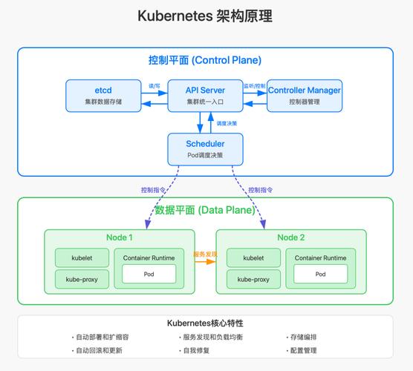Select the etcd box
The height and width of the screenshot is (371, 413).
click(103, 95)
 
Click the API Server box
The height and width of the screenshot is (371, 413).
click(205, 95)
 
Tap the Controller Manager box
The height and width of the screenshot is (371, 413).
click(305, 95)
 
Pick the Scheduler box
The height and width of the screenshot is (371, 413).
click(205, 148)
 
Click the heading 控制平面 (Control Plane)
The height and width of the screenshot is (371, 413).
click(204, 60)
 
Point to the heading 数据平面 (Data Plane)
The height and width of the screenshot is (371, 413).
click(204, 210)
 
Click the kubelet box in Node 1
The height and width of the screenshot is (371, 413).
click(82, 258)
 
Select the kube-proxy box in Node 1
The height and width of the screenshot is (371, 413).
click(82, 280)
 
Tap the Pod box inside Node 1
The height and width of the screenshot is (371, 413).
click(149, 274)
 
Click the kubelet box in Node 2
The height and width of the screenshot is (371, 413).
click(253, 258)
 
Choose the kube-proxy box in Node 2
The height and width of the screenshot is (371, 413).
click(253, 280)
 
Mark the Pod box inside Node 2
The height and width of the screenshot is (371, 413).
click(320, 274)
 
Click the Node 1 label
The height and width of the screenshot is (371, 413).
click(119, 237)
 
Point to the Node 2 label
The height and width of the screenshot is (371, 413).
click(291, 237)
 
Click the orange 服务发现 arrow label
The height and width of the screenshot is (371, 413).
click(204, 254)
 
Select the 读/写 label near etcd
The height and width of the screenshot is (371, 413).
click(155, 86)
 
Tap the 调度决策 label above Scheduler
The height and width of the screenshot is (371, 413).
click(227, 122)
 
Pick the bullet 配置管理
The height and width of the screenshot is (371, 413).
click(303, 350)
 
